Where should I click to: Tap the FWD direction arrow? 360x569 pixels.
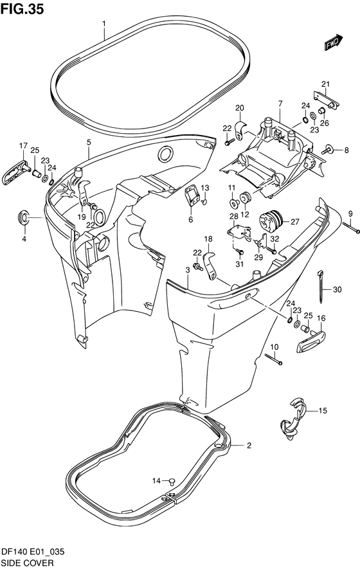tap(333, 42)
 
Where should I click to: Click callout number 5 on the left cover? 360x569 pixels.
tap(89, 142)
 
